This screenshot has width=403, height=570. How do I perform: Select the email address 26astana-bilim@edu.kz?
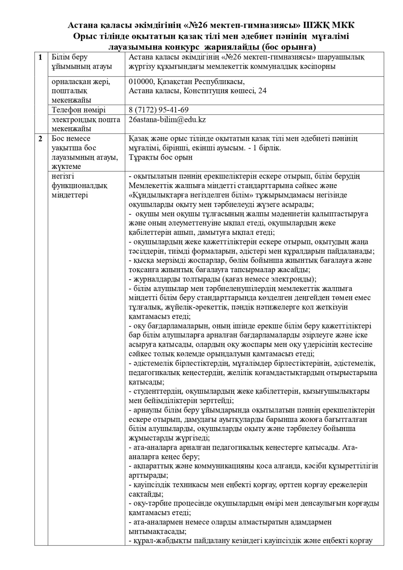(167, 120)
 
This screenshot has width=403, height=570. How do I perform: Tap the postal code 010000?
(142, 81)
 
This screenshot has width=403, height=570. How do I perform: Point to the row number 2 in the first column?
(41, 139)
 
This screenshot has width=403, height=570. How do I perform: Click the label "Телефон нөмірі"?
(78, 110)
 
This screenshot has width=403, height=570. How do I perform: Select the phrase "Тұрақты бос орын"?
(160, 157)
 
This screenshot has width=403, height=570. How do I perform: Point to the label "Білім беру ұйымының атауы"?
(82, 62)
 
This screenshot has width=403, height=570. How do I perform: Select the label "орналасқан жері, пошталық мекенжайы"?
(81, 90)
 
